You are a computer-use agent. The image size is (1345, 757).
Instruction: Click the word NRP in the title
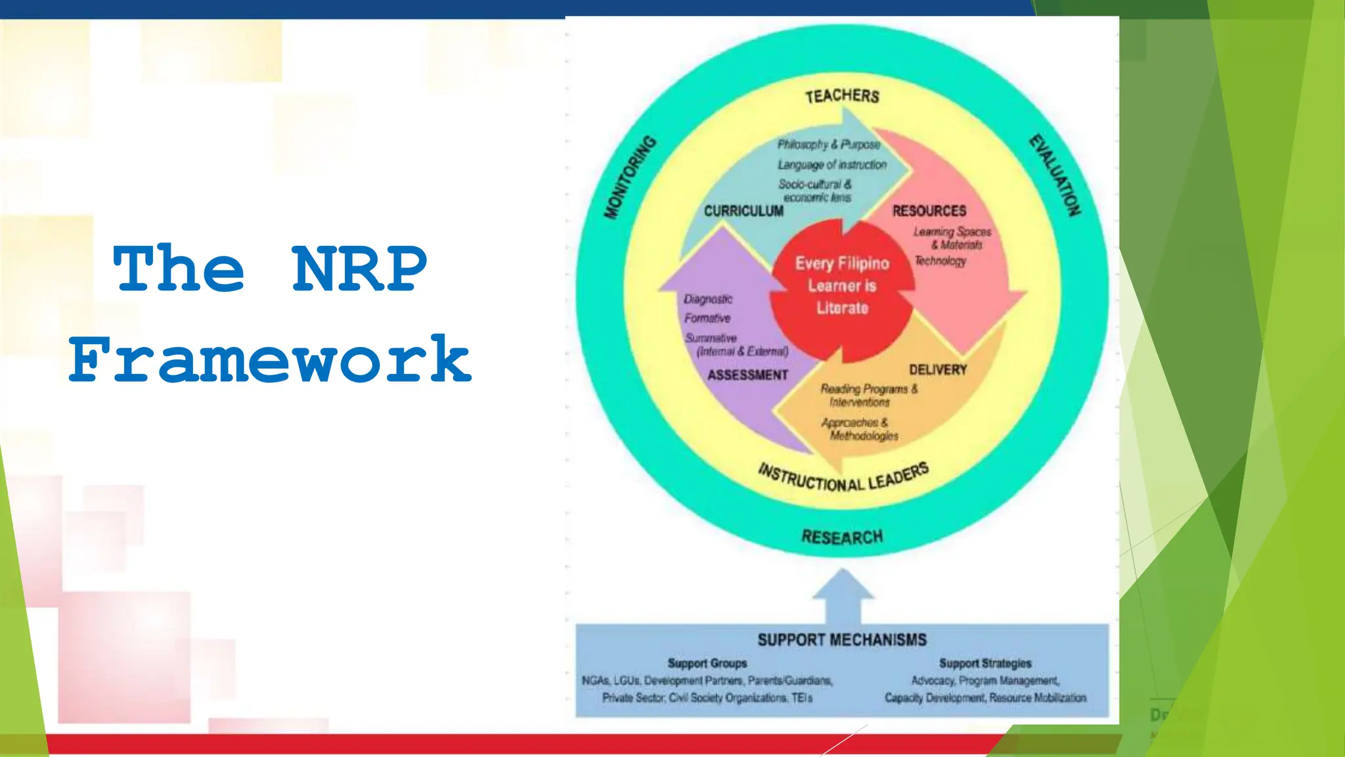click(x=359, y=269)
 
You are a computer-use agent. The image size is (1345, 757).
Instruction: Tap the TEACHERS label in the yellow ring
click(x=842, y=97)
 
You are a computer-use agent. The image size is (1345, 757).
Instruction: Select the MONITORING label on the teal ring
click(x=630, y=177)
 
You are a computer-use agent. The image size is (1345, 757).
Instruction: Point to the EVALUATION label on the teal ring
click(x=1055, y=175)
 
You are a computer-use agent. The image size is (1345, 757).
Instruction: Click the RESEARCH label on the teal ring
click(x=842, y=538)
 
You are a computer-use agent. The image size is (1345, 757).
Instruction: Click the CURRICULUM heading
click(x=743, y=211)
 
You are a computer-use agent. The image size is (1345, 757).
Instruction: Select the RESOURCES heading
click(x=929, y=211)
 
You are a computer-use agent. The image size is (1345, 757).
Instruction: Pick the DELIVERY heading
click(x=937, y=370)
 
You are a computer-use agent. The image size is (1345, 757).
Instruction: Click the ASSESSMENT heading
click(x=747, y=375)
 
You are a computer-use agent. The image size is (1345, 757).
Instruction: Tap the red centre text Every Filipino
click(x=842, y=264)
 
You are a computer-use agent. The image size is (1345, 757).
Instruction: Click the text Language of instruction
click(x=832, y=165)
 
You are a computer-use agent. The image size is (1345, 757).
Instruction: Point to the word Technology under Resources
click(x=940, y=262)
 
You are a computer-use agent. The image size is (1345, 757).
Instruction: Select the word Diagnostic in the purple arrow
click(x=707, y=300)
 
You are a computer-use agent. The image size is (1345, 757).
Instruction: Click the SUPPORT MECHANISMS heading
click(x=842, y=640)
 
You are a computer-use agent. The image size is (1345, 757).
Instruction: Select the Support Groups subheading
click(x=707, y=664)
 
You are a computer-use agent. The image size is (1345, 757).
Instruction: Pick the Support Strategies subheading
click(x=984, y=664)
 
